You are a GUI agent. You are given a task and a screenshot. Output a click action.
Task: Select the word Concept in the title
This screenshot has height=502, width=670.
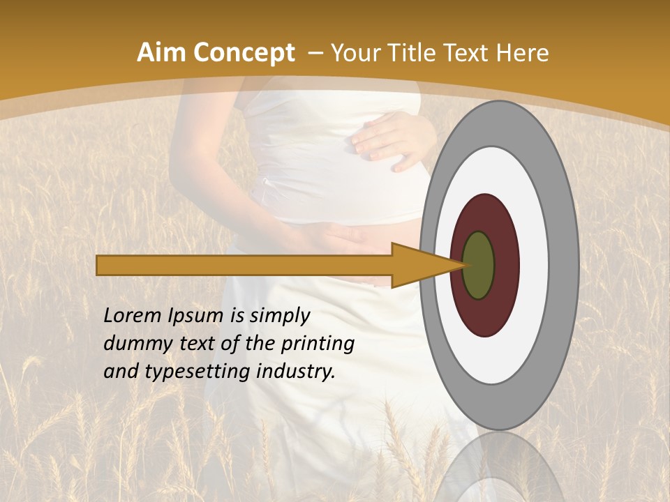[242, 53]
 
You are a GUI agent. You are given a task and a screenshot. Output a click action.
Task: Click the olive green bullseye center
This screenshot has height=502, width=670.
[479, 266]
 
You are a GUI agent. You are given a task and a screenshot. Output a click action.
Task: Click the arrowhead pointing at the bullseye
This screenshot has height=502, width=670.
[419, 266]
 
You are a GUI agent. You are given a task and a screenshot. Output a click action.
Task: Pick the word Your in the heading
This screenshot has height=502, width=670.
[355, 53]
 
